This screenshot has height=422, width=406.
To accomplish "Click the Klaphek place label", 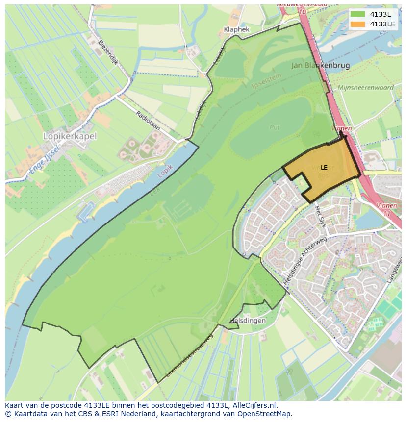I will tap(236, 29).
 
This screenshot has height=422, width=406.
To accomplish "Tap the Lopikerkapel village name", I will tap(70, 136).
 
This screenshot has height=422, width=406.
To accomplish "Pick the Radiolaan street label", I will tap(148, 121).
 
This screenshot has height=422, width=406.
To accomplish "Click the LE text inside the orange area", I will tap(324, 168).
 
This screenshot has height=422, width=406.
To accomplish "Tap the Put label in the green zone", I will tap(275, 127).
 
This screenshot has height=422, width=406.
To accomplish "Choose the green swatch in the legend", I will tap(358, 14).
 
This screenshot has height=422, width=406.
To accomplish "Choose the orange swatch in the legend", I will tap(358, 24).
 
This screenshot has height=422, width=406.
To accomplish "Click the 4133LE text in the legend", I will tap(383, 24).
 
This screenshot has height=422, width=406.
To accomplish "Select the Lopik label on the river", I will tap(165, 171).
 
